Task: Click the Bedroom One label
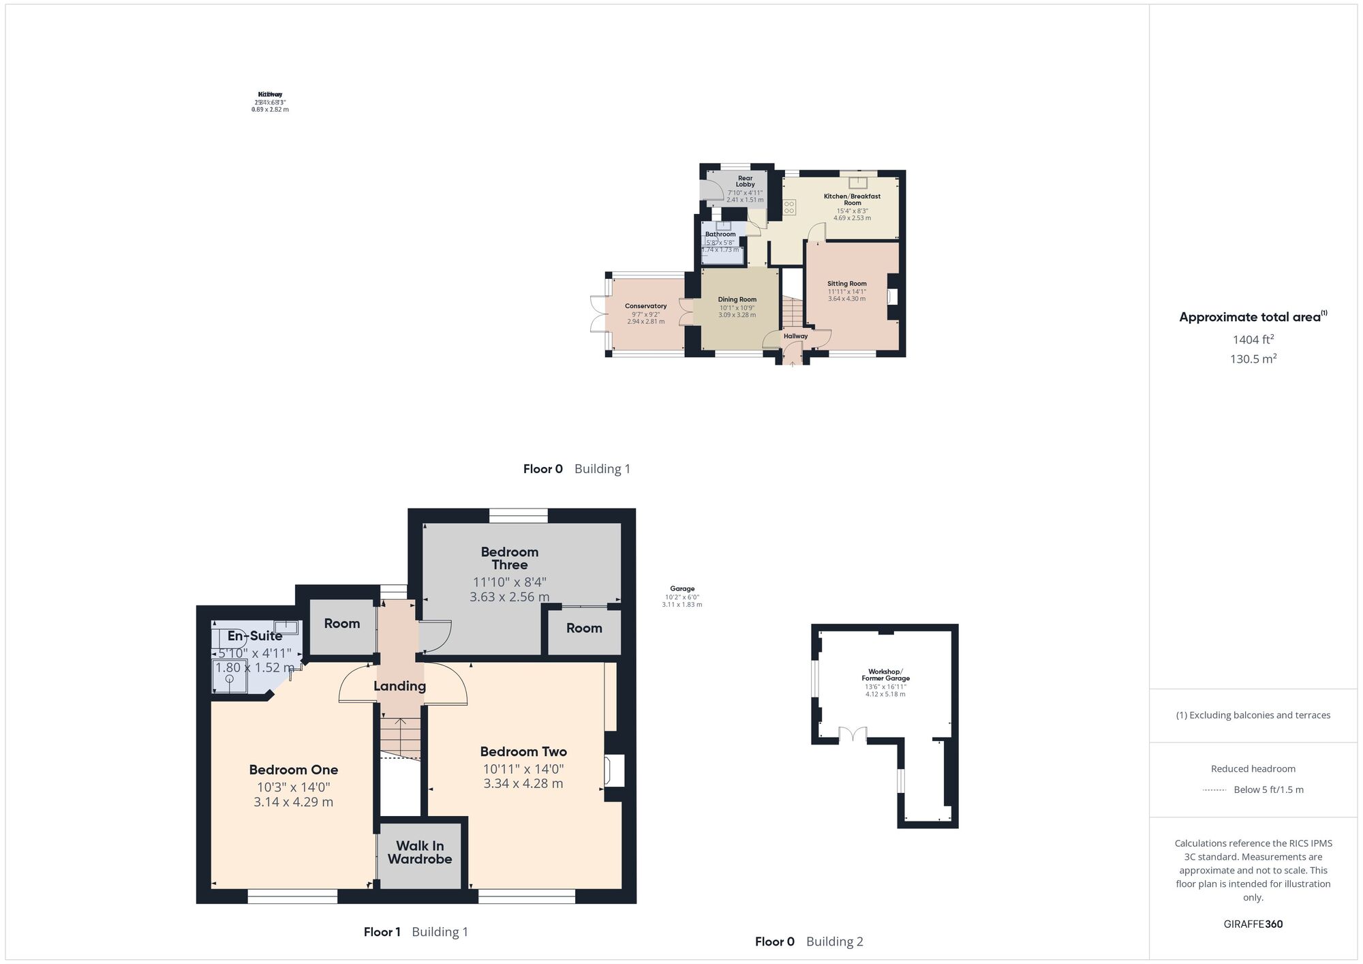click(x=293, y=770)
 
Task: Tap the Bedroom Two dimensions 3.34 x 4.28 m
click(x=523, y=783)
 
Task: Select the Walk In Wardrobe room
click(x=420, y=853)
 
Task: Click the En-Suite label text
click(x=255, y=636)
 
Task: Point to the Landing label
click(x=399, y=686)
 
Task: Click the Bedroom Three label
click(x=510, y=558)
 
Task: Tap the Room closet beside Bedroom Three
click(x=584, y=628)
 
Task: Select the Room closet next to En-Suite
click(x=341, y=623)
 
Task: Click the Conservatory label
click(x=645, y=306)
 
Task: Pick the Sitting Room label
click(x=847, y=284)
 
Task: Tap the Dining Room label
click(x=737, y=299)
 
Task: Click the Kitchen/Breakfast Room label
click(x=852, y=199)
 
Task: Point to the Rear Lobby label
click(x=745, y=181)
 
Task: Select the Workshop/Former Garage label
click(x=885, y=675)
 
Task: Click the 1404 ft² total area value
click(x=1253, y=340)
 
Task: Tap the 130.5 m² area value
click(x=1253, y=359)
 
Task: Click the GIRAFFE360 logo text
click(x=1253, y=924)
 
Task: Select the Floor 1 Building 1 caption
click(x=416, y=932)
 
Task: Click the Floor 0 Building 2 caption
click(x=809, y=942)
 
